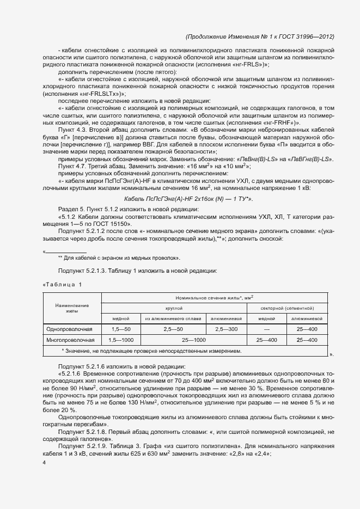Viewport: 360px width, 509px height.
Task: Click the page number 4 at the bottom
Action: [x=44, y=463]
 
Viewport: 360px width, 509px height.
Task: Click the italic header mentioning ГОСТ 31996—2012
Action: [x=260, y=36]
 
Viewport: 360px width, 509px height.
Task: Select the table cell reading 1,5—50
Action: [x=120, y=329]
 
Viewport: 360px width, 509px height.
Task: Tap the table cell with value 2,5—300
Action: [x=226, y=329]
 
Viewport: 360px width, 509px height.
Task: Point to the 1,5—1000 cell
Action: [x=120, y=340]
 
